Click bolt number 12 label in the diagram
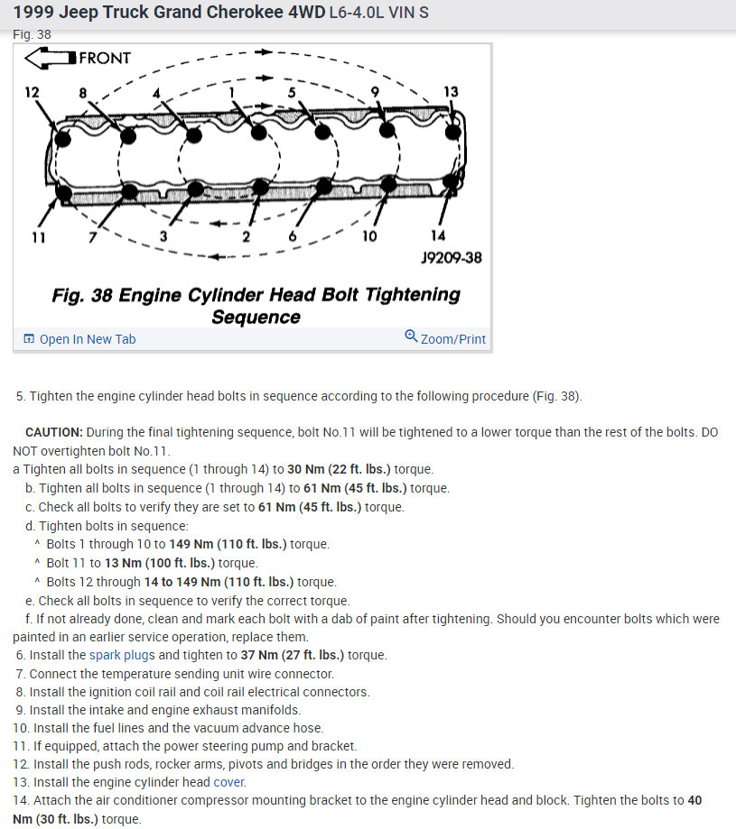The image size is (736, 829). tap(33, 93)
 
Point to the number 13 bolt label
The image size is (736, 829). tap(451, 92)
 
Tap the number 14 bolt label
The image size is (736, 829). tap(439, 236)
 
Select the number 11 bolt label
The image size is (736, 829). tap(37, 237)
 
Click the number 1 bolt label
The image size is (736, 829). tap(231, 92)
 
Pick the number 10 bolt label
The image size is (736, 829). tap(369, 236)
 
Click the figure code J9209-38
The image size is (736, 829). tap(452, 258)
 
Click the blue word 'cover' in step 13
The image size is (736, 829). tap(229, 782)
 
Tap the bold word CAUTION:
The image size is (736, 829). tap(54, 432)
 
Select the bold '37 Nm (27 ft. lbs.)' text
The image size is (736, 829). tap(293, 655)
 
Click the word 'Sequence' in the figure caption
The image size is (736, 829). tap(256, 317)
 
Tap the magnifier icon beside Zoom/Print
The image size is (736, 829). tap(411, 337)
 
